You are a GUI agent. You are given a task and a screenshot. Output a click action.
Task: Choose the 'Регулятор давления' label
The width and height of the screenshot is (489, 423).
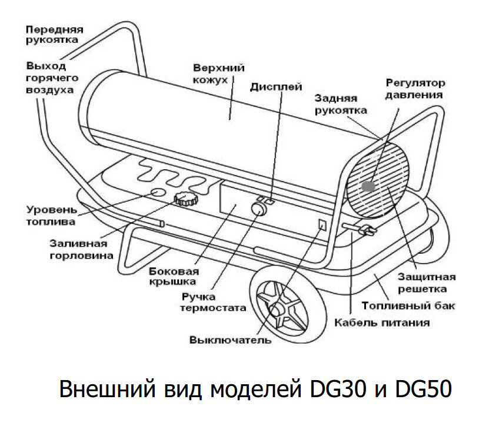pyautogui.click(x=415, y=88)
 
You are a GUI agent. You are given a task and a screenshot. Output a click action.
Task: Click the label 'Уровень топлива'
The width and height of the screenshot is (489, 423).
pyautogui.click(x=51, y=216)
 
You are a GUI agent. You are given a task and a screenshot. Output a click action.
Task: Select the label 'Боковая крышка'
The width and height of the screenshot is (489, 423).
pyautogui.click(x=174, y=276)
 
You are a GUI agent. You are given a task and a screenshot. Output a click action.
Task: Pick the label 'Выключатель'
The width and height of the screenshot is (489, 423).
pyautogui.click(x=230, y=340)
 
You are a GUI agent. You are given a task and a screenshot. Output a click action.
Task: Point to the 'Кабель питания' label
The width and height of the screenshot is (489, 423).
pyautogui.click(x=382, y=322)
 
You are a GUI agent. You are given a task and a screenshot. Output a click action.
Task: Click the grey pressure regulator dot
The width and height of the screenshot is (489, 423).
pyautogui.click(x=368, y=186)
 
